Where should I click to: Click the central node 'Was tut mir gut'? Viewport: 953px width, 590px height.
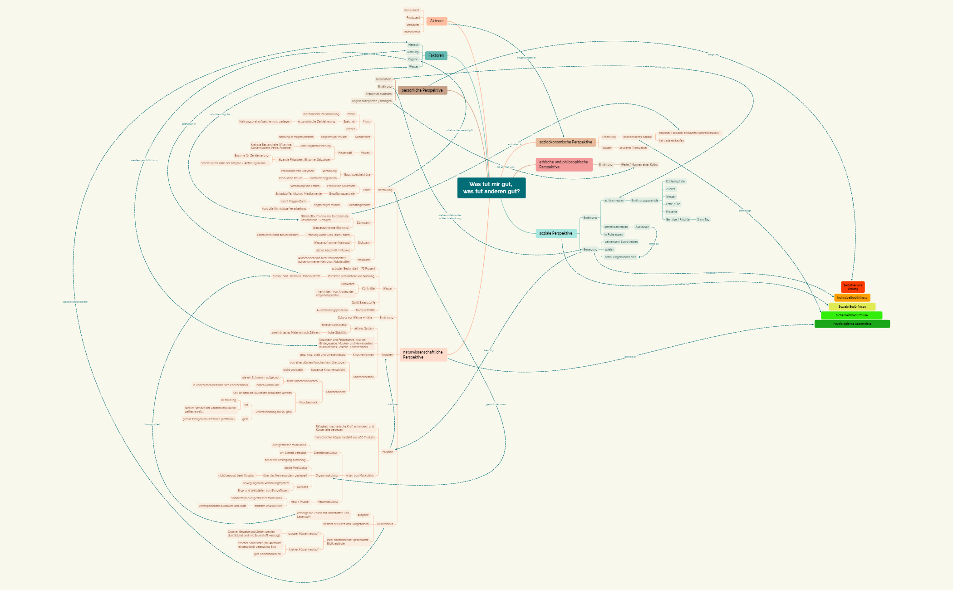[x=491, y=188]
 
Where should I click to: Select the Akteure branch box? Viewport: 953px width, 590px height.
[x=437, y=21]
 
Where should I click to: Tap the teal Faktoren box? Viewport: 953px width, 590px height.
[x=436, y=55]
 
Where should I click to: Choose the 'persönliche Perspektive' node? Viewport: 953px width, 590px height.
[x=422, y=90]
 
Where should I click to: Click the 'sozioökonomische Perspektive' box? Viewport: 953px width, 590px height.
[x=565, y=142]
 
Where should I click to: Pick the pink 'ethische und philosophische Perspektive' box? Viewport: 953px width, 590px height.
[x=564, y=164]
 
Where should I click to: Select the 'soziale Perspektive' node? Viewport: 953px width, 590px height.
[x=556, y=233]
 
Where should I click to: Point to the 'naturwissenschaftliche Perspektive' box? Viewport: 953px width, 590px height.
[x=423, y=354]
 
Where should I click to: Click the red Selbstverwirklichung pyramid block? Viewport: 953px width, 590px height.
[x=853, y=287]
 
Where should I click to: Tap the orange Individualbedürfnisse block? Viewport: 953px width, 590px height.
[x=852, y=298]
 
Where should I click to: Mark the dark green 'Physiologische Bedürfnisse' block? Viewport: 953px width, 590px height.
[x=852, y=324]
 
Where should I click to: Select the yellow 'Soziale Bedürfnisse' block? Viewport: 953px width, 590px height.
[x=852, y=306]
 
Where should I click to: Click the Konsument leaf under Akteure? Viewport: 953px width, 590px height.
[x=412, y=10]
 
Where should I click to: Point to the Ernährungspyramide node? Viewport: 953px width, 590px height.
[x=644, y=200]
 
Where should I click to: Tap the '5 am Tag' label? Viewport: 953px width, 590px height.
[x=703, y=220]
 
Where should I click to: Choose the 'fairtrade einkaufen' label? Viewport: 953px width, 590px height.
[x=671, y=141]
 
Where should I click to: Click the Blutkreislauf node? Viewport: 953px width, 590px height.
[x=385, y=524]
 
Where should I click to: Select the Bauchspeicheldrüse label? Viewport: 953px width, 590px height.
[x=357, y=174]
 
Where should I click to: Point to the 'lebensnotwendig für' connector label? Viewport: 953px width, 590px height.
[x=75, y=302]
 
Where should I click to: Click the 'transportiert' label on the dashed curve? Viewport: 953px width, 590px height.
[x=152, y=424]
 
